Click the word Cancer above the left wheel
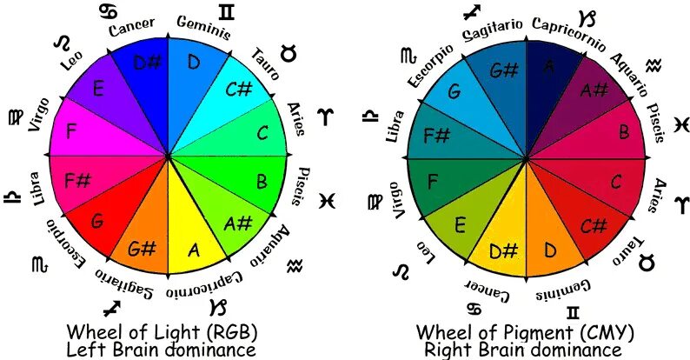tap(131, 27)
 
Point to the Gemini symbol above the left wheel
tap(227, 12)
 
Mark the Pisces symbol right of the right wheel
tap(680, 123)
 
